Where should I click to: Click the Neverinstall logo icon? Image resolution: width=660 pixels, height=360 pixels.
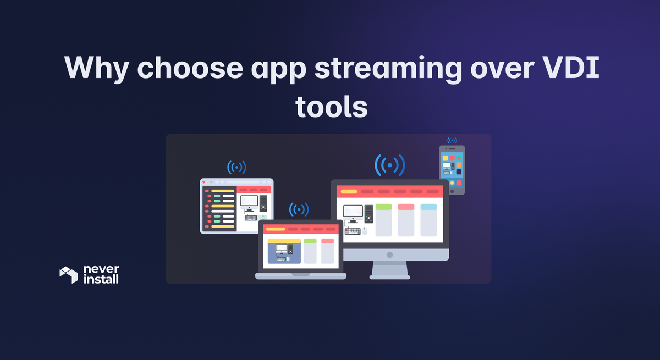tap(68, 274)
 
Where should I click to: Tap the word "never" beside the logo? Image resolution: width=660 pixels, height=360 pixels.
tap(101, 269)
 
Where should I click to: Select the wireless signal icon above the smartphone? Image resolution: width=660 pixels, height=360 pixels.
tap(452, 140)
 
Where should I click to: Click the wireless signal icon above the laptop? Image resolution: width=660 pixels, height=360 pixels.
tap(299, 209)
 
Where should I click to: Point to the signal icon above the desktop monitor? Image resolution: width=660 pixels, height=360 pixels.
tap(389, 164)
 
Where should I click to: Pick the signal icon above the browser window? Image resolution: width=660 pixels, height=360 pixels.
tap(237, 167)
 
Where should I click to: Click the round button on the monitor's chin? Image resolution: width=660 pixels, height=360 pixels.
tap(389, 255)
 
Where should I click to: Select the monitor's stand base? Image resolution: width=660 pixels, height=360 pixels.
tap(389, 276)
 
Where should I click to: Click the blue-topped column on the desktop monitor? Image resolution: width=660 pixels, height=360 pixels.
tap(428, 220)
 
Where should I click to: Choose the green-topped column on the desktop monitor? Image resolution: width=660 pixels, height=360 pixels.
tap(383, 220)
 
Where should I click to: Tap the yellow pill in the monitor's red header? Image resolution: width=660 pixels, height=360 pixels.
tap(349, 192)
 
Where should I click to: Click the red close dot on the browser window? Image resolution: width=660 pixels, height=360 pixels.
tap(204, 181)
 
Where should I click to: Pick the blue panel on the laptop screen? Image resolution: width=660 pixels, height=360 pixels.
tap(284, 253)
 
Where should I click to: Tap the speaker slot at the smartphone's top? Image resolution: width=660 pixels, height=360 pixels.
tap(452, 148)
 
